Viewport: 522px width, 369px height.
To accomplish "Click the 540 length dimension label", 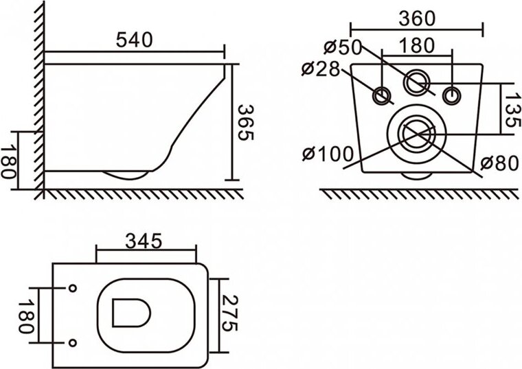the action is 134,40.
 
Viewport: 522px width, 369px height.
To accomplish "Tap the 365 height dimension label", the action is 246,122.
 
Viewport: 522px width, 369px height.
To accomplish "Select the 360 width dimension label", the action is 417,19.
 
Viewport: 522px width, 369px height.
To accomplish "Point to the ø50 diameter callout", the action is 343,47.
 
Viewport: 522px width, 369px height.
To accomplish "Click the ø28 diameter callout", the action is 321,69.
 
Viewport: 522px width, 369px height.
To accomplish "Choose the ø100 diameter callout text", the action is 328,154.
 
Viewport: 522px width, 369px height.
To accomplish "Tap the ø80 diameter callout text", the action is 500,163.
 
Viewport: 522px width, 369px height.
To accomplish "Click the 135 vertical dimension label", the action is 512,110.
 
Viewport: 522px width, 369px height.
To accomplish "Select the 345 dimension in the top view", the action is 144,241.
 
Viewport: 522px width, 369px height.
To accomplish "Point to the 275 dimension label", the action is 229,313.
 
